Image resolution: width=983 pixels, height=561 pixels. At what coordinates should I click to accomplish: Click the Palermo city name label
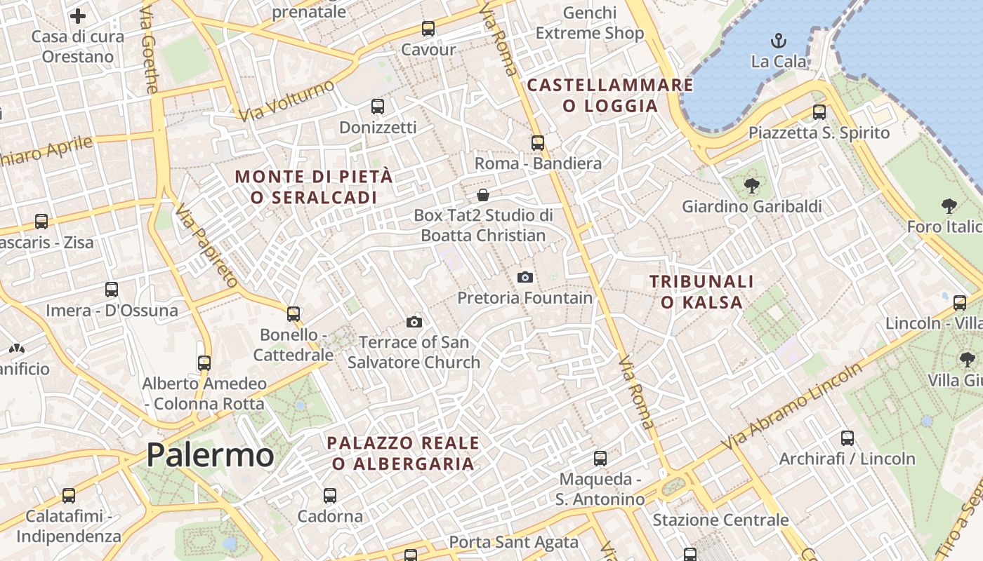(210, 455)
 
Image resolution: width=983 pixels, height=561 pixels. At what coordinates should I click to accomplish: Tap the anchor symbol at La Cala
(778, 41)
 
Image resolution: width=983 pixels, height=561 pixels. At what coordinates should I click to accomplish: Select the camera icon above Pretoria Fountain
(525, 278)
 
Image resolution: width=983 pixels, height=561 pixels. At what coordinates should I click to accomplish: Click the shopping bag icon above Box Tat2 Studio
(482, 195)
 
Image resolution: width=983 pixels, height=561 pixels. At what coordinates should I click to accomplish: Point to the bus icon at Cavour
(428, 29)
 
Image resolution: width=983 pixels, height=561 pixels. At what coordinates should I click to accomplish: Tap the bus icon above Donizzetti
(377, 107)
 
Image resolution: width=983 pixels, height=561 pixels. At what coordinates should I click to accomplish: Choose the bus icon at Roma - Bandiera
(538, 143)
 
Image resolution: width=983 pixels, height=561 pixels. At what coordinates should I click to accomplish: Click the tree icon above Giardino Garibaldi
(751, 186)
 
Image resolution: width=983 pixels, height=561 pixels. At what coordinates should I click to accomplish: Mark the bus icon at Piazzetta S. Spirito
(819, 112)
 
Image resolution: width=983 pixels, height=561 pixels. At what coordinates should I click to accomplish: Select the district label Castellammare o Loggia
(609, 95)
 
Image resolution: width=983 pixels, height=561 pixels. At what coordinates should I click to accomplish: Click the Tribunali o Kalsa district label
(701, 292)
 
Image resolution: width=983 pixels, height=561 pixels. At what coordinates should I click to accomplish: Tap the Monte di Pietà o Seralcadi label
(314, 187)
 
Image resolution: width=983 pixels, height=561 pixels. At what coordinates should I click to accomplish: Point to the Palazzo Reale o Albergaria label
(404, 453)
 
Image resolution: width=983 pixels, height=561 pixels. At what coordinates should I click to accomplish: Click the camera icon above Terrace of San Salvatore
(414, 322)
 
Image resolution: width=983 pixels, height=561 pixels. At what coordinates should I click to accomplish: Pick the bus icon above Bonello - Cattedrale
(293, 314)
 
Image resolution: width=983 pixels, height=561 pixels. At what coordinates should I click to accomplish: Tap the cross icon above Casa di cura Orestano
(78, 16)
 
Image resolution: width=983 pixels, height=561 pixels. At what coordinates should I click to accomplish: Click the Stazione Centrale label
(720, 520)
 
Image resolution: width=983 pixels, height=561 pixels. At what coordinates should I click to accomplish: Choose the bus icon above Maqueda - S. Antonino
(600, 459)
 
